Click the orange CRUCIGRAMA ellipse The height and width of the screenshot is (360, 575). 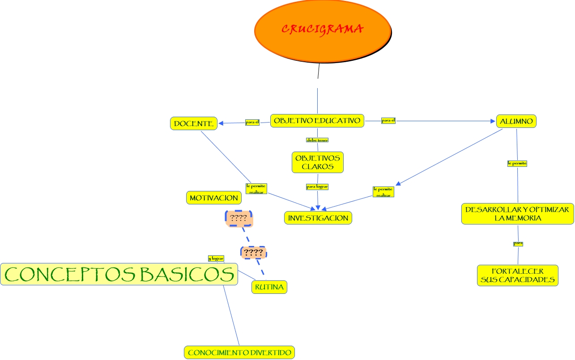pos(322,30)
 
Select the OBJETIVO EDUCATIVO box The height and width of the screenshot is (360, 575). pos(317,121)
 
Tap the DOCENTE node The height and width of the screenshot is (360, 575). pos(194,123)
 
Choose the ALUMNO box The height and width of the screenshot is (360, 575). pos(516,121)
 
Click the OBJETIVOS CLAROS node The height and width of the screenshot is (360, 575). pos(318,162)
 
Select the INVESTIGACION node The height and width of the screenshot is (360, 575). pos(318,218)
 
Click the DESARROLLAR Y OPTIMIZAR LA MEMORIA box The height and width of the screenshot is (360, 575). pos(517,214)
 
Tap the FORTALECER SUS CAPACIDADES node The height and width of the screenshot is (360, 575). pos(518,275)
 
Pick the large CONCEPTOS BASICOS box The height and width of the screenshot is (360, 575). pos(119,274)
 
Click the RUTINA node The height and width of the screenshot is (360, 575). pos(269,287)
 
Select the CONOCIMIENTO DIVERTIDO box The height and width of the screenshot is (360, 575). pos(239,352)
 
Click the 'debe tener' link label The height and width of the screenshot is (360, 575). pos(317,140)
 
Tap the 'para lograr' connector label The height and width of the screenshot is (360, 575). pos(317,186)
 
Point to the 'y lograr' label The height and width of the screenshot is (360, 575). pos(216,258)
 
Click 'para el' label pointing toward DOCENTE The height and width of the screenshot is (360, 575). pos(252,122)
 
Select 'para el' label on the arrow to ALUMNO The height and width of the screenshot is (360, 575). pos(388,120)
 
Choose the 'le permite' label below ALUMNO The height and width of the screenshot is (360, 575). pos(517,163)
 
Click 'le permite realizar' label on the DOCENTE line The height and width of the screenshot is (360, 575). pos(256,189)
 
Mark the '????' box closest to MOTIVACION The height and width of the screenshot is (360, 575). pos(239,219)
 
